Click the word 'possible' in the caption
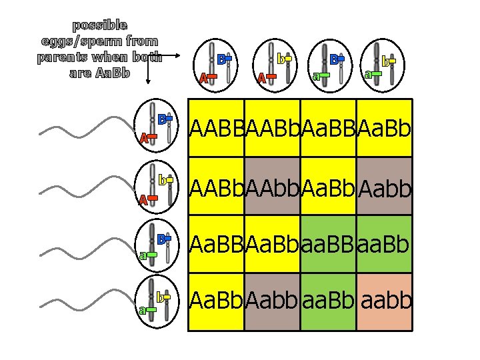click(x=100, y=25)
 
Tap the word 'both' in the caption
click(x=147, y=57)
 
